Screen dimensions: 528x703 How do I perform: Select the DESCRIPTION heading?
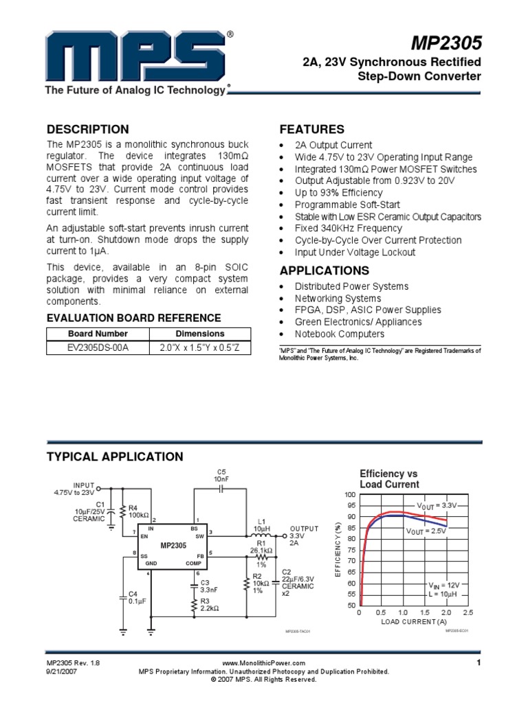[87, 130]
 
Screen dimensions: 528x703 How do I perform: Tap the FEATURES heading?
[311, 130]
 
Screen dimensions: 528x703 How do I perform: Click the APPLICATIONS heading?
[324, 270]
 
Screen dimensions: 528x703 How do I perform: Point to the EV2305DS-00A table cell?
[98, 347]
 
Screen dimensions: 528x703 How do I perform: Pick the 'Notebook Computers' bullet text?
[340, 334]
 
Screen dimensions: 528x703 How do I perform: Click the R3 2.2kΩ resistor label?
[209, 604]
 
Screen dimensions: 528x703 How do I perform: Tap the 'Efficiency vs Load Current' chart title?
[389, 479]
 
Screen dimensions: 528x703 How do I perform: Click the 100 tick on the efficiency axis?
[350, 495]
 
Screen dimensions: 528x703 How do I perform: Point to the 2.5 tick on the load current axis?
[468, 612]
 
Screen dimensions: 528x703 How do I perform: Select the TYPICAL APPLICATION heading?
[114, 457]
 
